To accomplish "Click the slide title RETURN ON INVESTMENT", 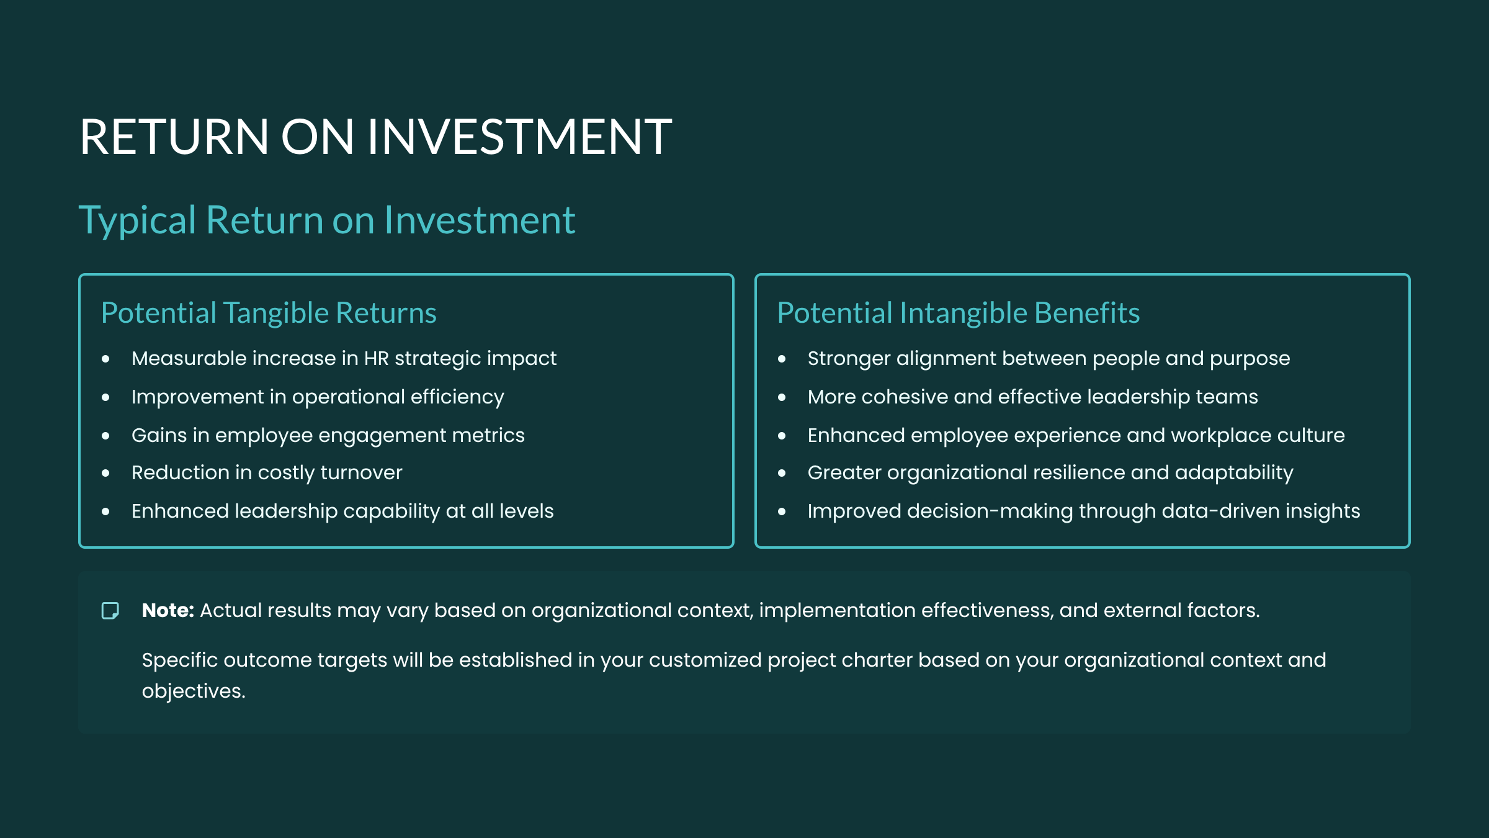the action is click(x=375, y=137).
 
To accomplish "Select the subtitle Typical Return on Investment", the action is click(x=327, y=220).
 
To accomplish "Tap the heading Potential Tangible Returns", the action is click(x=269, y=313).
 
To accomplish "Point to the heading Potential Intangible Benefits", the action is click(x=959, y=313).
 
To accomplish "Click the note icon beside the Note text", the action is click(x=110, y=611).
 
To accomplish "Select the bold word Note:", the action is click(x=168, y=610).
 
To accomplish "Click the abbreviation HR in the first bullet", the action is click(x=376, y=358).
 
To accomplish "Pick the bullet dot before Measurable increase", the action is click(x=105, y=359).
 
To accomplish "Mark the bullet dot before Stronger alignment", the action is click(x=782, y=359).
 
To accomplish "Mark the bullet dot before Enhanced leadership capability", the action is click(x=105, y=511).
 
